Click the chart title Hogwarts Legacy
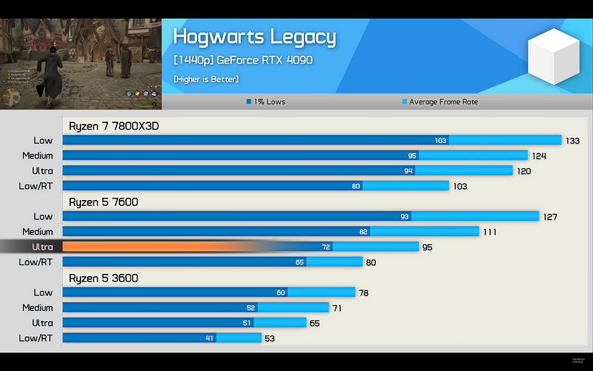click(x=254, y=37)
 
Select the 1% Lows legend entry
click(x=266, y=101)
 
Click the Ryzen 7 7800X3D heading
click(x=114, y=126)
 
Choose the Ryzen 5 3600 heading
click(x=104, y=278)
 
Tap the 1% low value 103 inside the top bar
click(x=440, y=141)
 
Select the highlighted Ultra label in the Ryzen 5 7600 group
click(x=43, y=247)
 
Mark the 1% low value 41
click(x=209, y=338)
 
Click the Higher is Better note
click(x=206, y=79)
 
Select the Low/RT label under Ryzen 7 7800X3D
click(x=36, y=186)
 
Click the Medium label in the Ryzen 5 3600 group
click(x=38, y=308)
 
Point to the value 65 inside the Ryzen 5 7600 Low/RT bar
click(x=300, y=262)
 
